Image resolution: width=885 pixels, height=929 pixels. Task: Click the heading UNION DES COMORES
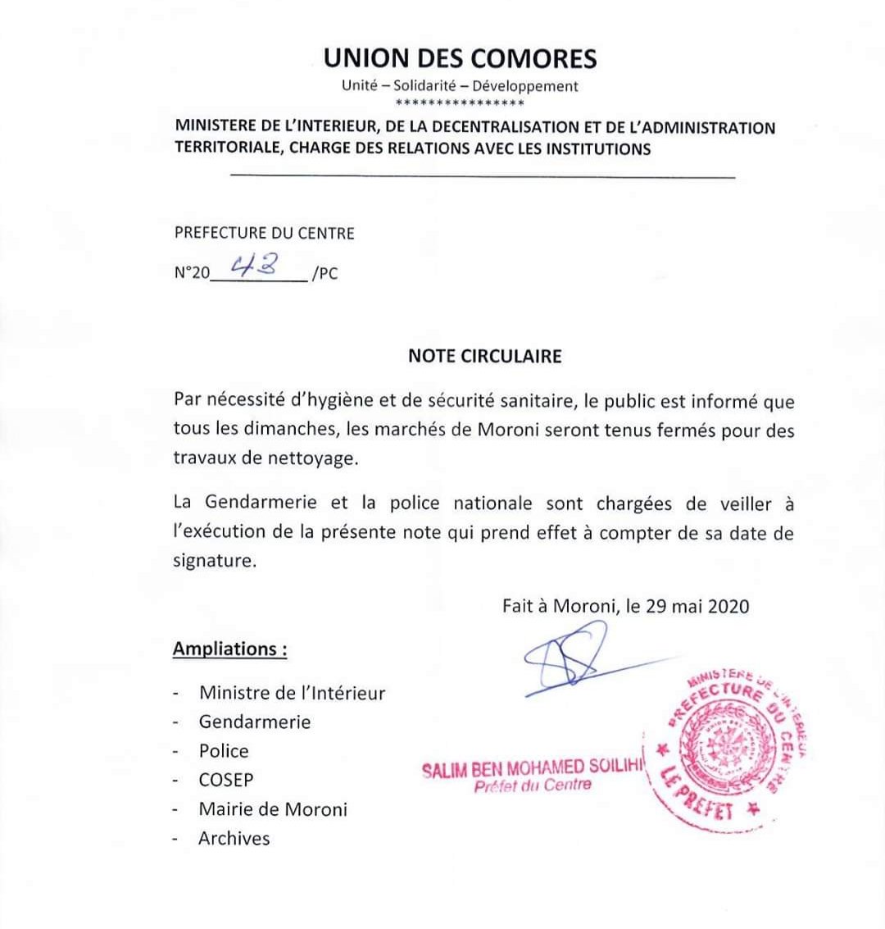click(460, 59)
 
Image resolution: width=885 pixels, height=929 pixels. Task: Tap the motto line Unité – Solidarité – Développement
click(460, 86)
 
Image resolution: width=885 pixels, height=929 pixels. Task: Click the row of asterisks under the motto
click(460, 103)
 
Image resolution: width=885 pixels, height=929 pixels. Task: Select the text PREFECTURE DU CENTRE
click(264, 234)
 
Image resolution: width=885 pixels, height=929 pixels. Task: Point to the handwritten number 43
click(253, 265)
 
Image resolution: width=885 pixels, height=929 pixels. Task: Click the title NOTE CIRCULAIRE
click(485, 357)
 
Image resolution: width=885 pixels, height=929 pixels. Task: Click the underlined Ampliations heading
click(229, 649)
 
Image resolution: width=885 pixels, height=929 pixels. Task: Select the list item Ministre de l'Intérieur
click(292, 693)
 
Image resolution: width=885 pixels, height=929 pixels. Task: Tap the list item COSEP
click(226, 780)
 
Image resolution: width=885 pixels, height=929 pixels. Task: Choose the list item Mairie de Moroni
click(273, 809)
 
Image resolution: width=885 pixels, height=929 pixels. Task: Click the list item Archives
click(234, 839)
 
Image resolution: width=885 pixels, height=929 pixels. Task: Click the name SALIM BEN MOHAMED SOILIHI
click(533, 770)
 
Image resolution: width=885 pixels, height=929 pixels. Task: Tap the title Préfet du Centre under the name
click(532, 786)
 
